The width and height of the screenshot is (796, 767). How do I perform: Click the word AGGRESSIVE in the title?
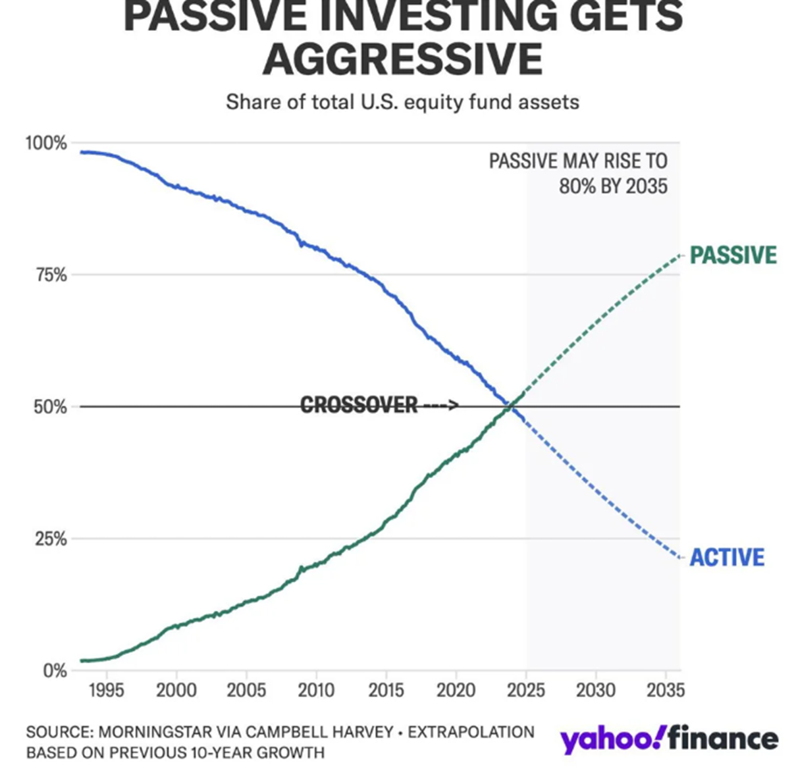(x=402, y=59)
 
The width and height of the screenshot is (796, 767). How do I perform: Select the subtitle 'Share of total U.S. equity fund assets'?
(x=402, y=103)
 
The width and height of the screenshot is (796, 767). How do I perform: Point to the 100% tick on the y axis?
(x=46, y=143)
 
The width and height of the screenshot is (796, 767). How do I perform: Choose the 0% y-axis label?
(x=55, y=671)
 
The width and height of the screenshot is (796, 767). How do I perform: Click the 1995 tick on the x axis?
(x=106, y=690)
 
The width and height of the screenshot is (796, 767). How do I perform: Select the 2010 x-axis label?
(x=316, y=690)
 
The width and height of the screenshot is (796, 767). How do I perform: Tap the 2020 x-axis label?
(x=456, y=690)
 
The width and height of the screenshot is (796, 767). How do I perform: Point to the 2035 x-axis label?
(x=665, y=690)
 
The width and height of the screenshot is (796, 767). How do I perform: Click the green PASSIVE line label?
(x=733, y=255)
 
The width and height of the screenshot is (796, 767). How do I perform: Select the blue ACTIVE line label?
(x=727, y=558)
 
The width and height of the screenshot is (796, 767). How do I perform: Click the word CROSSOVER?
(x=359, y=405)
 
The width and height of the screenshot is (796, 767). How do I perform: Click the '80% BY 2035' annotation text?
(x=613, y=186)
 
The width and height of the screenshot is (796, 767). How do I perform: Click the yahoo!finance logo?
(x=669, y=739)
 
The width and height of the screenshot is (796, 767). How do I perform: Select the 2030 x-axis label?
(x=596, y=690)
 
